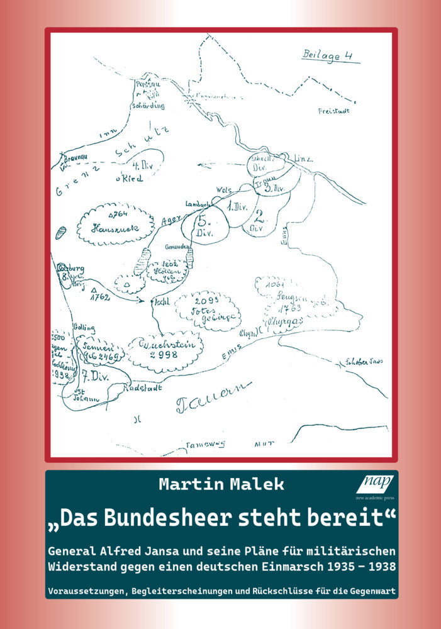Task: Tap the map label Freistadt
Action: click(x=334, y=111)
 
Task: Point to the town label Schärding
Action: click(x=148, y=106)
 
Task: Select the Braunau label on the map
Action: click(x=74, y=160)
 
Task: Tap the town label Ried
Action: click(x=130, y=179)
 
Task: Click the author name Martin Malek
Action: click(x=221, y=484)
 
